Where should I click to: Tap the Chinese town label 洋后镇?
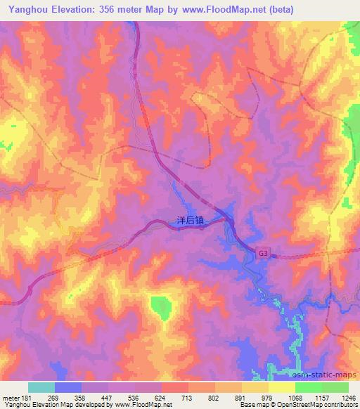189,220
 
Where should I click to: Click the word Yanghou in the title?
26,10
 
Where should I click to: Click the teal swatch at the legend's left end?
41,387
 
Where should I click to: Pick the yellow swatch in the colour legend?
281,387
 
